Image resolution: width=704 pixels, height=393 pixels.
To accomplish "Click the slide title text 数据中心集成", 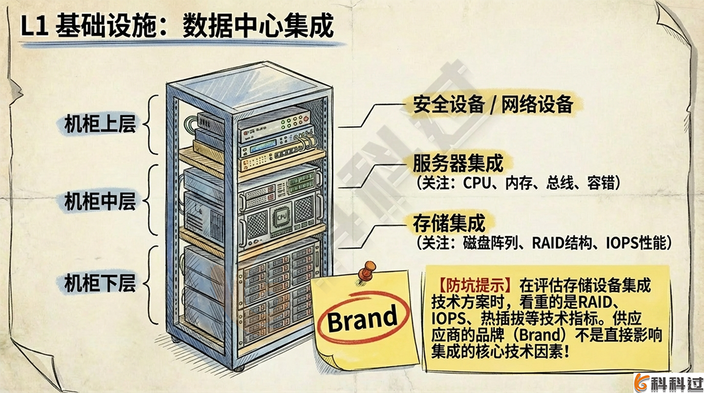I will pyautogui.click(x=258, y=26).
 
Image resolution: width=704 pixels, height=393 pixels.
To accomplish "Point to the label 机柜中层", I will pyautogui.click(x=100, y=201).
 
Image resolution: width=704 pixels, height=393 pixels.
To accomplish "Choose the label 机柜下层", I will pyautogui.click(x=100, y=283).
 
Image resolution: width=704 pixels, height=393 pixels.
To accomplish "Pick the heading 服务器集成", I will pyautogui.click(x=458, y=162).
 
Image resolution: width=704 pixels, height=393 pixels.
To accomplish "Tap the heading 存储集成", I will pyautogui.click(x=449, y=223).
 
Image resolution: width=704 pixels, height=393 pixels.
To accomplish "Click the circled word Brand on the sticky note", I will pyautogui.click(x=361, y=319).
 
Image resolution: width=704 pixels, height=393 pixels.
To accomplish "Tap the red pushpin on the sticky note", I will pyautogui.click(x=368, y=271).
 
